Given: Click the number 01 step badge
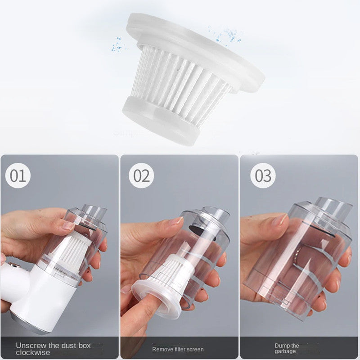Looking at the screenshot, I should [18, 175].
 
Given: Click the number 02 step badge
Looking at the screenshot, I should [141, 175].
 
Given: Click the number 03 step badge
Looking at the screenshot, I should [263, 175].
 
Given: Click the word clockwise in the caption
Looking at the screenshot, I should [33, 352].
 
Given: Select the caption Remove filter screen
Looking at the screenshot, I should [178, 349].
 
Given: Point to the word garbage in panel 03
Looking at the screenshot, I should [286, 351].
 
